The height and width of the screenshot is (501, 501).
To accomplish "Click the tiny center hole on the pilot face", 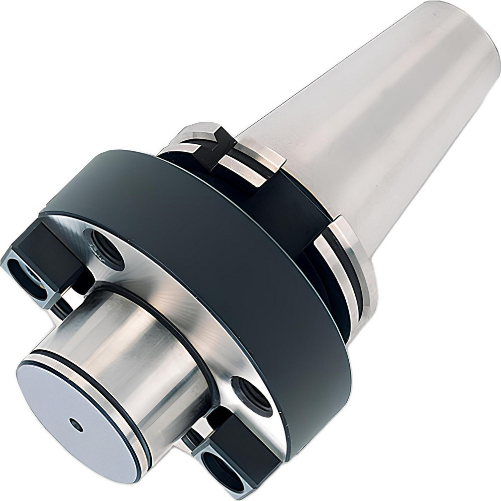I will coord(77,425).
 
